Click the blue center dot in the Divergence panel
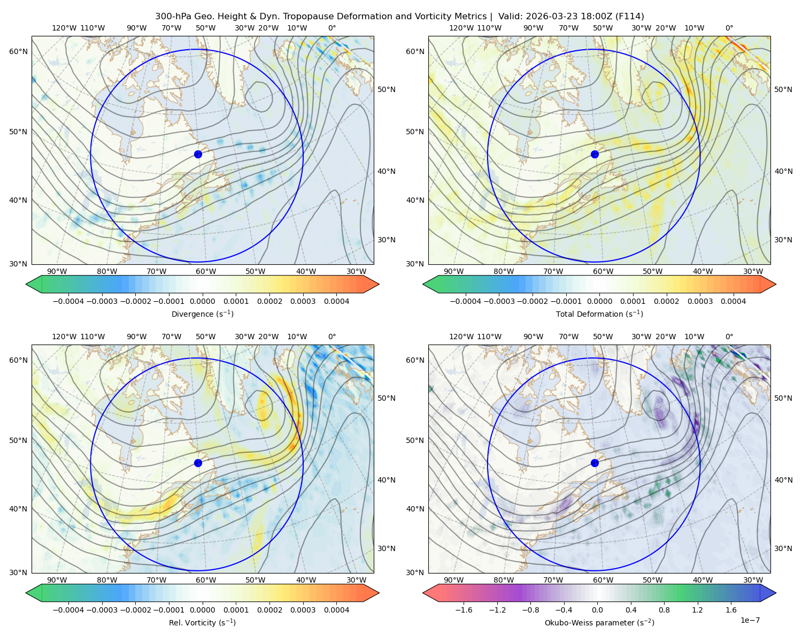198,154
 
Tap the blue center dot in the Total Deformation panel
595,154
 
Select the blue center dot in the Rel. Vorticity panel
198,463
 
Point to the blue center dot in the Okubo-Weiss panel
595,463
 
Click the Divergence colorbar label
202,314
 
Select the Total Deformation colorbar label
599,314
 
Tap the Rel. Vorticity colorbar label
202,623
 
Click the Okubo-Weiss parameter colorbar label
599,623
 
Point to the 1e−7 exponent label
750,620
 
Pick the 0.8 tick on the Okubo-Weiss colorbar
664,610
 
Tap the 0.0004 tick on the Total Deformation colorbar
733,301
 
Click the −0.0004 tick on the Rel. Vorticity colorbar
68,610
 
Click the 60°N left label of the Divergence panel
18,51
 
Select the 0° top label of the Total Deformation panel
729,28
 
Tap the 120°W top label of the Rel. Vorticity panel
64,337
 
